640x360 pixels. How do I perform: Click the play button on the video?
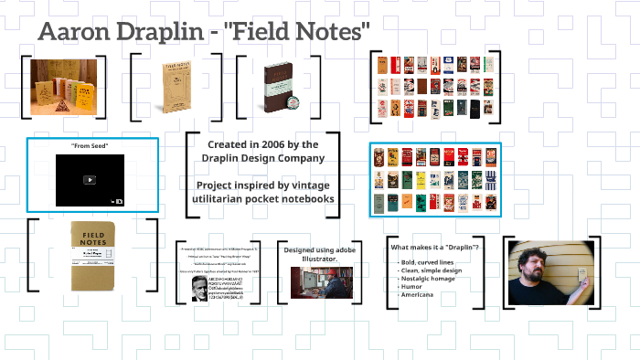coord(90,179)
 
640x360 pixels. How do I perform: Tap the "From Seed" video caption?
coord(90,147)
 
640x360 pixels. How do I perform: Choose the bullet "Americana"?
coord(416,294)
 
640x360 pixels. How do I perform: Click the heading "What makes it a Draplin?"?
coord(435,247)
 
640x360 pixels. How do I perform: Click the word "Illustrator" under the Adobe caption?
coord(319,259)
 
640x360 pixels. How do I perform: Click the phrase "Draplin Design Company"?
coord(262,158)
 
